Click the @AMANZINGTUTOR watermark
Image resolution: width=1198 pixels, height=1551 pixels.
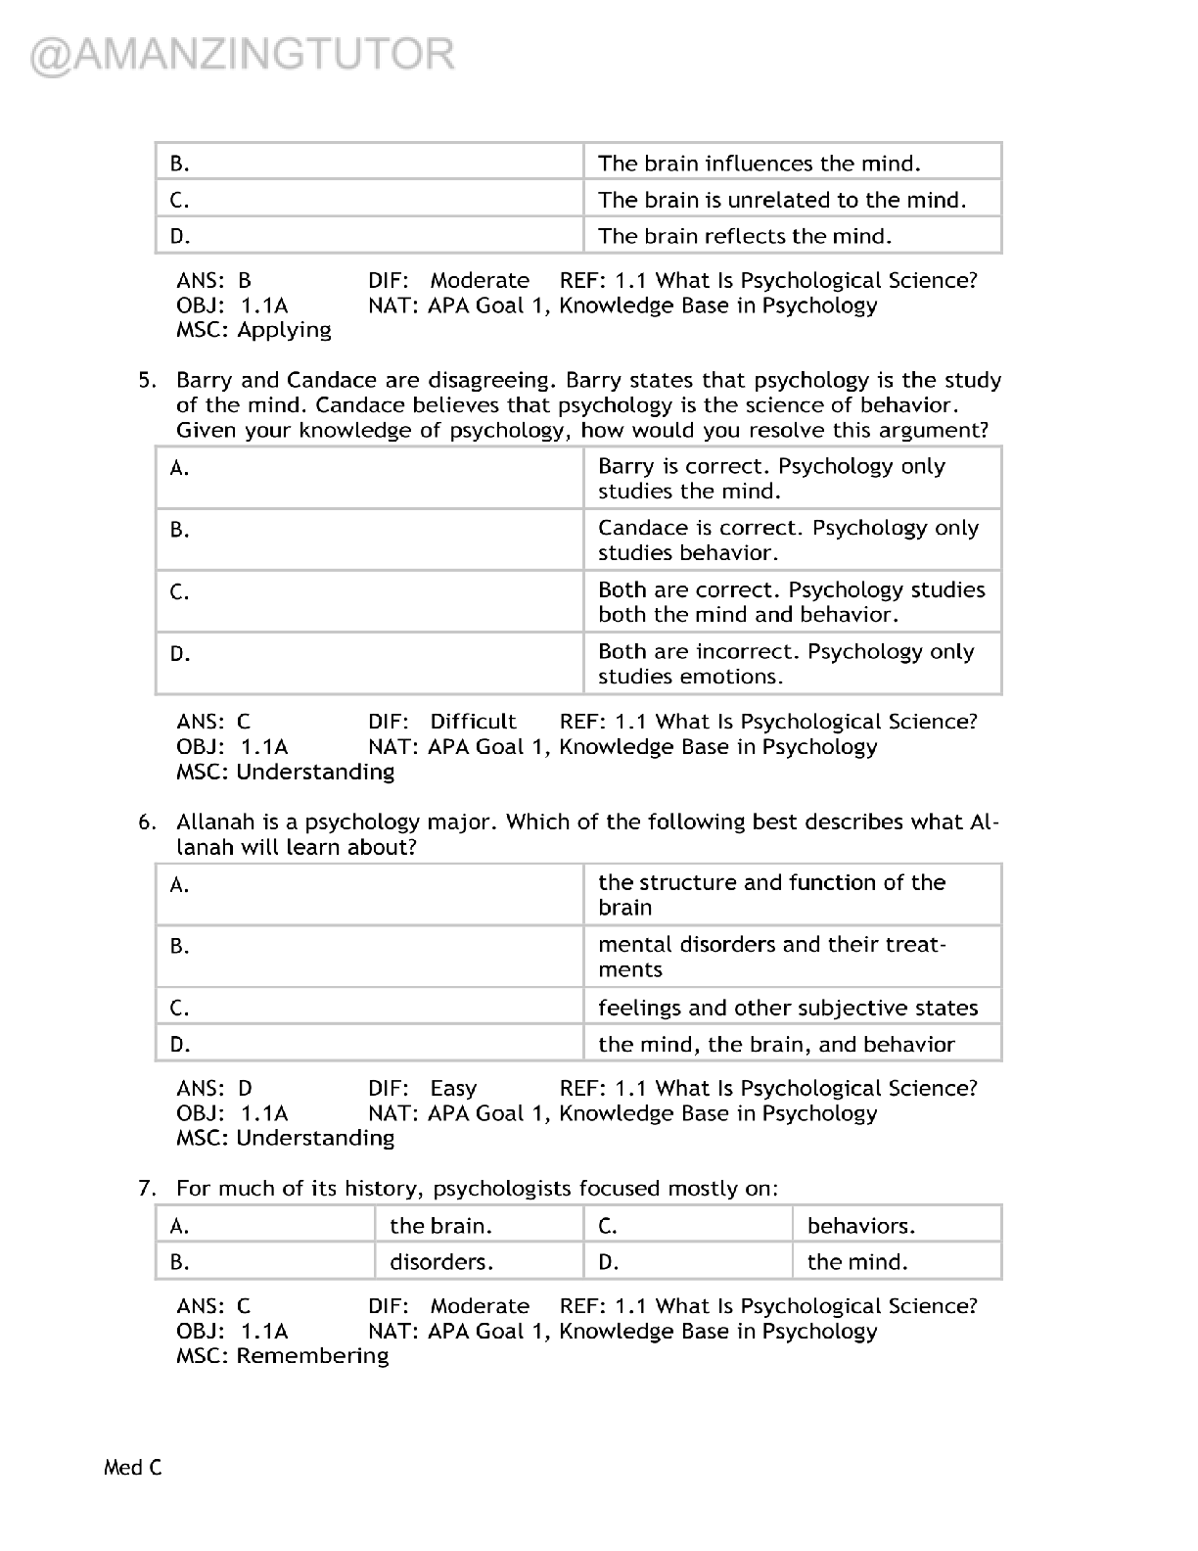pos(243,55)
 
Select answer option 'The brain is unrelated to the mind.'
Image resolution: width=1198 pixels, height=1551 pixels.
pos(781,200)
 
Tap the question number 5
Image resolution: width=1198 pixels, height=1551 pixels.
pos(147,380)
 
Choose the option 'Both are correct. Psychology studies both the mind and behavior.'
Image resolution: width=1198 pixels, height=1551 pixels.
pos(791,602)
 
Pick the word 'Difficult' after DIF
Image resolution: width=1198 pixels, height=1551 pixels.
pos(473,722)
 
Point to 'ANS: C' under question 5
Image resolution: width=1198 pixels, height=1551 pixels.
pos(213,722)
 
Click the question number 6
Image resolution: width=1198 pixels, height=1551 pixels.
pos(147,822)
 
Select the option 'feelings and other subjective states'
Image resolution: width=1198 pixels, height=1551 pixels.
pos(787,1008)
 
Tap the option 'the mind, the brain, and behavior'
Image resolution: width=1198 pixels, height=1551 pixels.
pos(775,1044)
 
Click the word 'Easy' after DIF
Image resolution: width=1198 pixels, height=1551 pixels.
pos(453,1088)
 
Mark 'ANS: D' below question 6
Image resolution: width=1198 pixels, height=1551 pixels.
pos(214,1088)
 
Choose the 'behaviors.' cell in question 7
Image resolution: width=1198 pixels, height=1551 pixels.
pos(860,1226)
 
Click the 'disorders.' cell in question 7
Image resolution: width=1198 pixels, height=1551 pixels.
pos(441,1262)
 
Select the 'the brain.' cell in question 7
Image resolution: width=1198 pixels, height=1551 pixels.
pos(440,1226)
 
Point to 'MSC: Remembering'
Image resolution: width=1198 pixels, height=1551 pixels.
pos(282,1356)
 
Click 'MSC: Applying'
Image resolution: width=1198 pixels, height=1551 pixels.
pos(253,330)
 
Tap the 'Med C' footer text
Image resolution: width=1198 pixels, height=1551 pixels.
pos(133,1467)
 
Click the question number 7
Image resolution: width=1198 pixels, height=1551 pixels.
pos(147,1189)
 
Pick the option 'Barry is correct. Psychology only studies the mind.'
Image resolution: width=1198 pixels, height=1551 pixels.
pos(771,479)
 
